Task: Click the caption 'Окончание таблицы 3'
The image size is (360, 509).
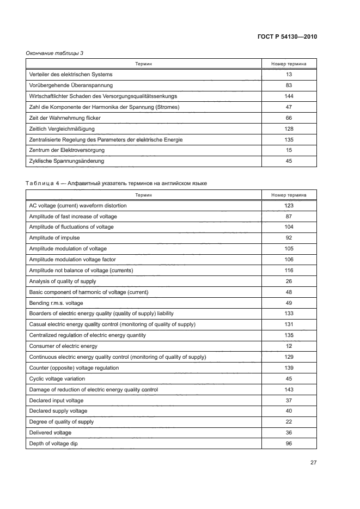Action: (x=54, y=53)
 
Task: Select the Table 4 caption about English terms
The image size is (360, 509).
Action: (x=116, y=183)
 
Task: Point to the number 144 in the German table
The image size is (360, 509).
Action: (x=289, y=96)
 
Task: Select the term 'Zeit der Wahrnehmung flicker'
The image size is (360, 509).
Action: (x=65, y=118)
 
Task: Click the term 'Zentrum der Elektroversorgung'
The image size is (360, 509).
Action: (x=66, y=150)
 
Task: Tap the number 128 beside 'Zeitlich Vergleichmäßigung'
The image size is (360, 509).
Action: (x=289, y=128)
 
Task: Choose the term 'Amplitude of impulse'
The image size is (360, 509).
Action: (x=55, y=237)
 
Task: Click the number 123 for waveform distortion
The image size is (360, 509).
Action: (x=289, y=205)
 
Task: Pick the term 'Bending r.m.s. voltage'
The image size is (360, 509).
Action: (x=56, y=303)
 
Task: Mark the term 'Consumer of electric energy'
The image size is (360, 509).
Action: (x=63, y=346)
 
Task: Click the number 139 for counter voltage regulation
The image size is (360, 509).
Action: (x=289, y=368)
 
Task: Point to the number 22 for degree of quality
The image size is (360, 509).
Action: (x=289, y=422)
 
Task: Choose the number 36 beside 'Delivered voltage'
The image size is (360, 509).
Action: (x=289, y=433)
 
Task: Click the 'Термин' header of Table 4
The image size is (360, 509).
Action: (x=144, y=194)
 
